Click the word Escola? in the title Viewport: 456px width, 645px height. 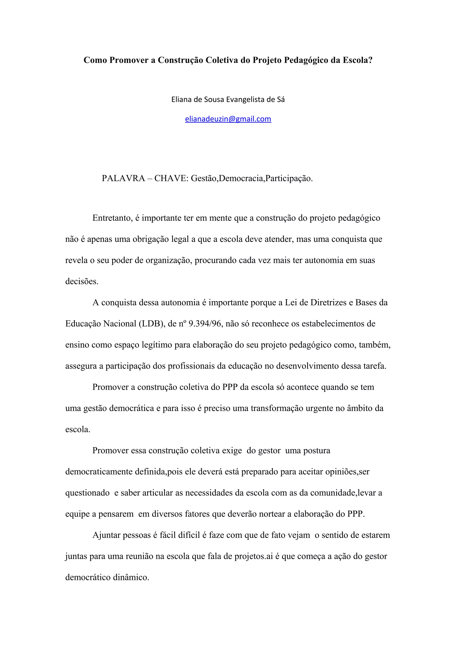pos(357,60)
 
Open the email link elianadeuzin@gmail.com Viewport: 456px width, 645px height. pos(228,119)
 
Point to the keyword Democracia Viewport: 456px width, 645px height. pos(241,178)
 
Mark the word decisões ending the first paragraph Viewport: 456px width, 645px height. pos(82,282)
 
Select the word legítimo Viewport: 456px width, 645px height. pos(157,345)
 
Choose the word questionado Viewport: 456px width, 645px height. pos(87,493)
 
